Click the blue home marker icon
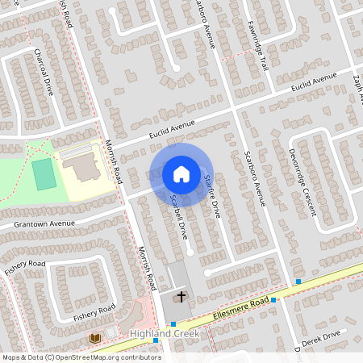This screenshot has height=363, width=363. (x=181, y=174)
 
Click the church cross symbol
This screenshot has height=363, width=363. (x=181, y=297)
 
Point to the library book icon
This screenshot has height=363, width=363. (x=95, y=337)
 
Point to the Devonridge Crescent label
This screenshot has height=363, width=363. (x=299, y=182)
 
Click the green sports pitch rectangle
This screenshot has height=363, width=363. (x=45, y=173)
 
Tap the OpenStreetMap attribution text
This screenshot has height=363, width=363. (x=81, y=357)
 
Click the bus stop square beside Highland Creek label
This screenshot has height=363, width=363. (x=156, y=341)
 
